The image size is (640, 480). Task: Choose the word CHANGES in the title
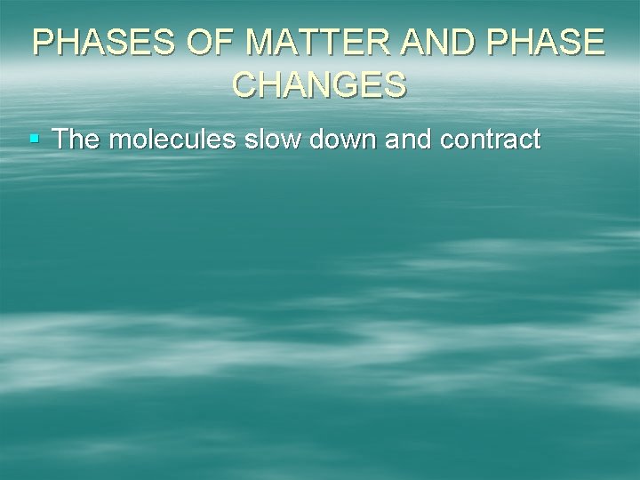[320, 84]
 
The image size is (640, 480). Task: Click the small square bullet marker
[35, 140]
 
